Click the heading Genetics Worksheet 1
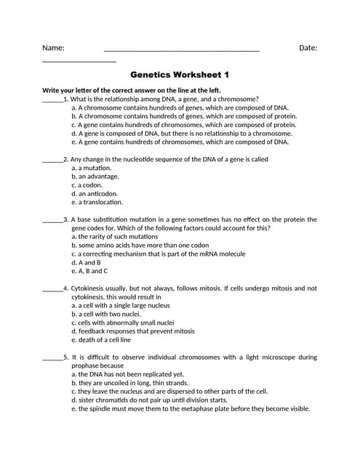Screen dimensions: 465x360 pos(180,74)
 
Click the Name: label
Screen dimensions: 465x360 pos(53,48)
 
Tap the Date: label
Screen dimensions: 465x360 pos(308,48)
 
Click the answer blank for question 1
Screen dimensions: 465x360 pos(52,100)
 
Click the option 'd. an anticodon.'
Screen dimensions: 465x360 pos(95,194)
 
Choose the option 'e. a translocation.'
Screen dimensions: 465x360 pos(97,203)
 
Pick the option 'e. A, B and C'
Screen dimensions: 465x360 pos(89,271)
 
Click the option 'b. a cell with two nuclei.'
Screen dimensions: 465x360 pos(106,314)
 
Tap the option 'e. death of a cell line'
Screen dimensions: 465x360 pos(101,340)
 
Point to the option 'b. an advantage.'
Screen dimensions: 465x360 pos(95,177)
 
